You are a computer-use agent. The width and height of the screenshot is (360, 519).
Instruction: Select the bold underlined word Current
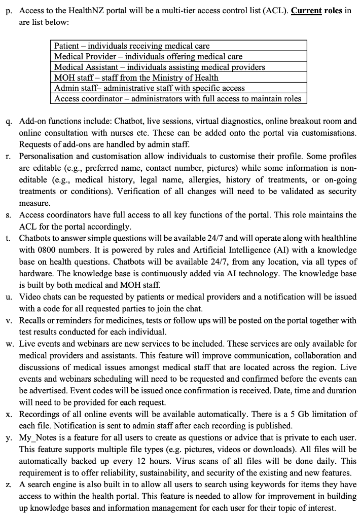click(306, 11)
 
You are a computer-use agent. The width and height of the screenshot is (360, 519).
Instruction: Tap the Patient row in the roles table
click(132, 46)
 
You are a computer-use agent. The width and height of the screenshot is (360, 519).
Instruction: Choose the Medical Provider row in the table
click(148, 56)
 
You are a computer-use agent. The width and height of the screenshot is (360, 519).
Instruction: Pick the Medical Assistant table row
click(159, 67)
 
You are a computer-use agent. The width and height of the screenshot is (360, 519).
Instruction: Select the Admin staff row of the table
click(149, 88)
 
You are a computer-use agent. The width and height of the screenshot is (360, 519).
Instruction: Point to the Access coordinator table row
click(177, 99)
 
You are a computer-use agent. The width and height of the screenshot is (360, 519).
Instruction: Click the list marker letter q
click(9, 122)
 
